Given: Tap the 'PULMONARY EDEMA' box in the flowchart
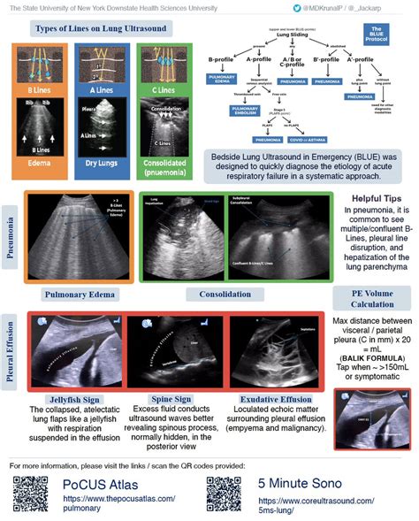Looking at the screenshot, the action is tap(218, 78).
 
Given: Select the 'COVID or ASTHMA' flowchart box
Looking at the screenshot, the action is tap(306, 140).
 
